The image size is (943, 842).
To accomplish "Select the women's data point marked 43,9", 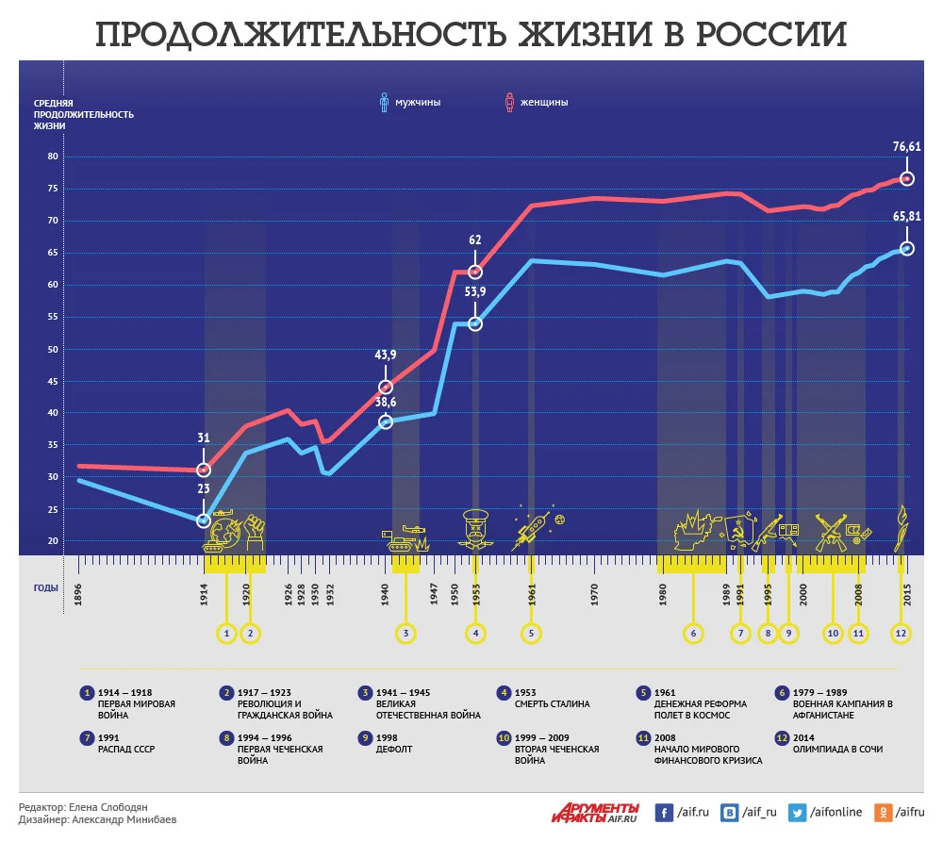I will [385, 388].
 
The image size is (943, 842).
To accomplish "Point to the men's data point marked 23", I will [204, 520].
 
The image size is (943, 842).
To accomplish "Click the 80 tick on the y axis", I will [52, 157].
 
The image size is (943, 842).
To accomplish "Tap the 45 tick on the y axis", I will [52, 381].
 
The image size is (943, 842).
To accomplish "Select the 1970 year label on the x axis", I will [595, 594].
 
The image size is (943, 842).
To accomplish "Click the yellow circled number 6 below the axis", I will [693, 634].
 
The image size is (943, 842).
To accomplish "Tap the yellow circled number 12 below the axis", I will [902, 634].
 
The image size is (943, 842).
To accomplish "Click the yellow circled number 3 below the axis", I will [405, 634].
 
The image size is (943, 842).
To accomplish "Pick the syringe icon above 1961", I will [528, 534].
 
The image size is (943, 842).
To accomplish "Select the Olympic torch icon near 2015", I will [902, 528].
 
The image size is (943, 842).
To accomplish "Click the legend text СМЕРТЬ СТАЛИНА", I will [552, 703].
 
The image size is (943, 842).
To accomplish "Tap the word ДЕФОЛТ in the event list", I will [394, 750].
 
